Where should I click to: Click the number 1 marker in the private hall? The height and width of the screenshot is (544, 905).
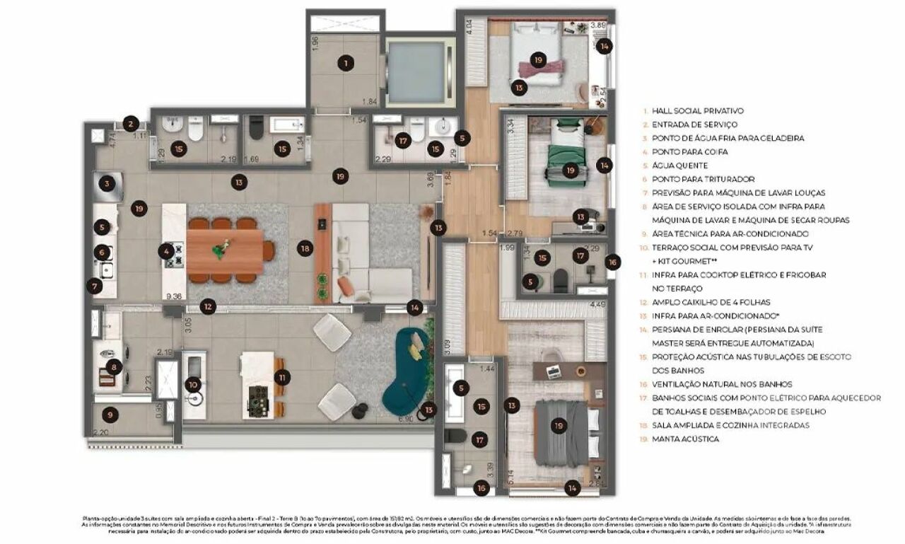(345, 64)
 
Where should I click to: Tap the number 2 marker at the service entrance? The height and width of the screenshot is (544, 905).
(130, 124)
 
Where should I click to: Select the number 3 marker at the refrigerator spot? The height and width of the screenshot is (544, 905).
(107, 184)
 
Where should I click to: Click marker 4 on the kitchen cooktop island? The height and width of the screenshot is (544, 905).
(166, 250)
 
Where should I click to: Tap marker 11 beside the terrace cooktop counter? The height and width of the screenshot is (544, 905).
(282, 377)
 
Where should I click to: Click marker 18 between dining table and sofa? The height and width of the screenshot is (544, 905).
(305, 248)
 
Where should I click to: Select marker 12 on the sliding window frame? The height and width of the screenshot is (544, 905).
(207, 306)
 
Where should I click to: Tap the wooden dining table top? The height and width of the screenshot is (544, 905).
(225, 251)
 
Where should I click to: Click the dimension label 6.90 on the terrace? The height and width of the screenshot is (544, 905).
(406, 419)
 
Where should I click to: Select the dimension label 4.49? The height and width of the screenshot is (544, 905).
(598, 306)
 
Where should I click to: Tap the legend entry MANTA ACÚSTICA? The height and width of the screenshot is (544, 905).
(685, 439)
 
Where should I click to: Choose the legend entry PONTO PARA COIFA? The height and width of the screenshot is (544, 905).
(684, 152)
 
